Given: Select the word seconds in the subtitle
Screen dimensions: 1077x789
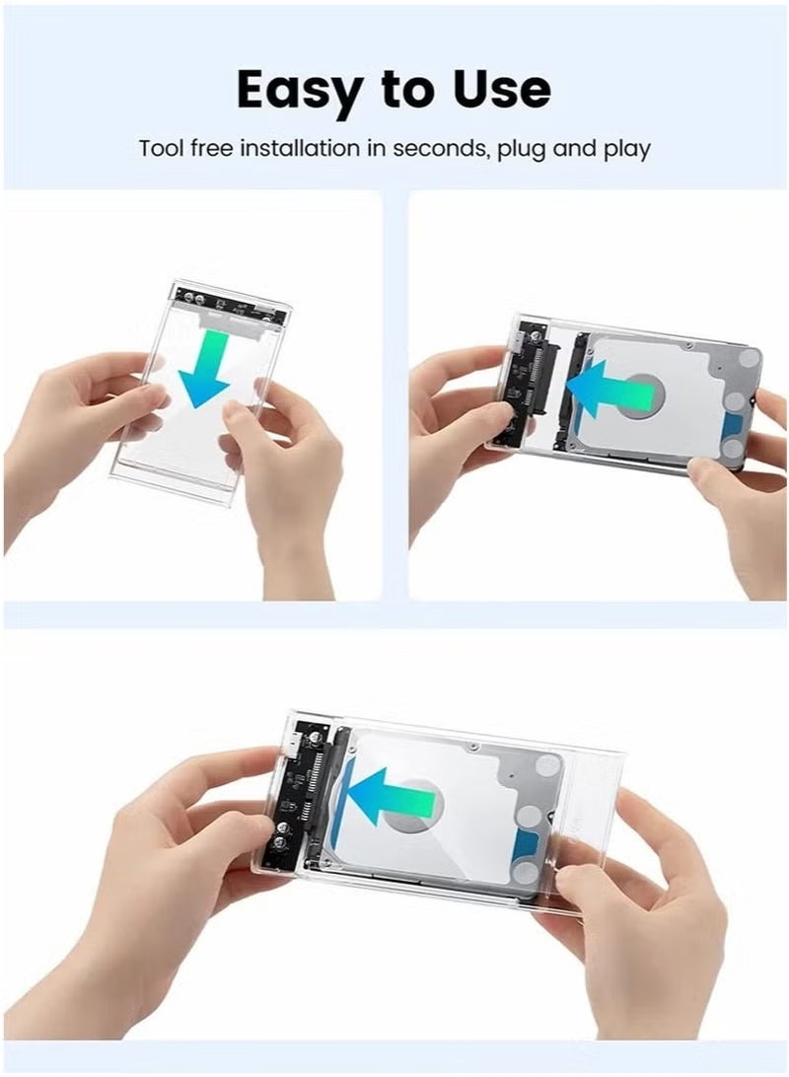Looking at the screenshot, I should [x=442, y=150].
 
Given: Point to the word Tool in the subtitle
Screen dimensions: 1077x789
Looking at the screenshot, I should [x=158, y=150].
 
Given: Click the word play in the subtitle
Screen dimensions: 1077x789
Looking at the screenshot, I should [x=628, y=150].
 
